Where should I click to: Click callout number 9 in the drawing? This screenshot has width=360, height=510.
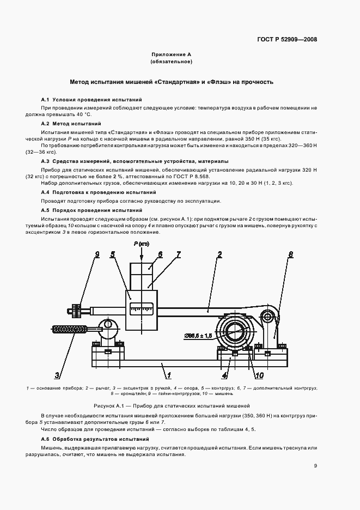click(x=97, y=254)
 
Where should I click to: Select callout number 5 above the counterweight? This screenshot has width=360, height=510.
click(x=112, y=254)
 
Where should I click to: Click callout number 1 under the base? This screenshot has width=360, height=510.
click(x=169, y=375)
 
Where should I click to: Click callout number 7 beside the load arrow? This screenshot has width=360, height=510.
click(x=178, y=254)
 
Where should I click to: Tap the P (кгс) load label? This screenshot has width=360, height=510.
click(x=141, y=244)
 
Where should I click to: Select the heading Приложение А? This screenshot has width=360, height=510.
click(x=172, y=55)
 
